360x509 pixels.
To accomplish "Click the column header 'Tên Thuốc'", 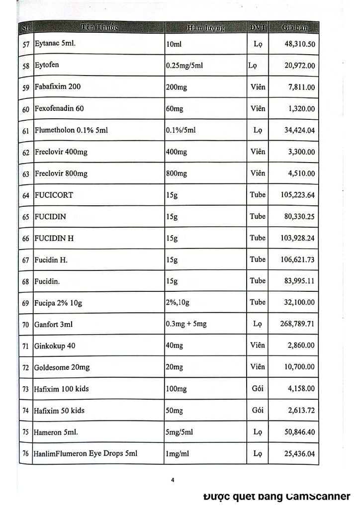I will coord(97,27).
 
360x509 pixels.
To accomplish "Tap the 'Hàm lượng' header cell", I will coord(206,27).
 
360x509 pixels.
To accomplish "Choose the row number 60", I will coord(26,109).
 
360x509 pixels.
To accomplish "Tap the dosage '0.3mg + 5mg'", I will coord(186,324).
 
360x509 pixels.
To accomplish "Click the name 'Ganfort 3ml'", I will coord(54,324).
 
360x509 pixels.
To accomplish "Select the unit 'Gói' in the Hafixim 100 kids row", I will coord(258,389).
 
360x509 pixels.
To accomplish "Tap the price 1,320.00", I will coord(302,109).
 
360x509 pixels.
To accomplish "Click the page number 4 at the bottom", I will coord(173,480).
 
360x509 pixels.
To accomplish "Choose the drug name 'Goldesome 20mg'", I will coord(62,367).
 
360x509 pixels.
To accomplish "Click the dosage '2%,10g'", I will coord(179,302).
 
